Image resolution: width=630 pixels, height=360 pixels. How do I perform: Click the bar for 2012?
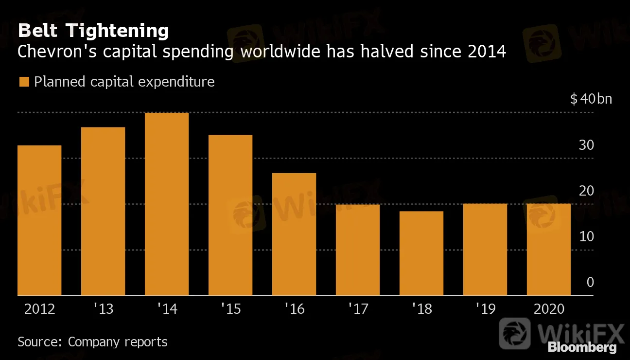[x=39, y=220]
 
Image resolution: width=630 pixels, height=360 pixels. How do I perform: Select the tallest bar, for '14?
[x=167, y=204]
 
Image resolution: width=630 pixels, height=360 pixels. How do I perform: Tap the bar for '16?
[x=294, y=234]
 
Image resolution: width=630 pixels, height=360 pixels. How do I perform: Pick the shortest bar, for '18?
[x=421, y=253]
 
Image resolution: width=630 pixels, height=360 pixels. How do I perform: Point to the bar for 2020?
[x=549, y=250]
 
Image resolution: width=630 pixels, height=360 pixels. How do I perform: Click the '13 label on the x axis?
[x=103, y=309]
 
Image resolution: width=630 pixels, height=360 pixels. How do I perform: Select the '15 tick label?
[x=230, y=309]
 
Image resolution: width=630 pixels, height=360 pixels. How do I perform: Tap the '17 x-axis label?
[x=358, y=309]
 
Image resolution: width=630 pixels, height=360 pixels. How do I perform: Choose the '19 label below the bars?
[x=485, y=309]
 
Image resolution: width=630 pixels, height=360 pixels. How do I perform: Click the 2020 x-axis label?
[x=549, y=309]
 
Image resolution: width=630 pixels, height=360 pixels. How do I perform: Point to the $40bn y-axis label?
[x=591, y=99]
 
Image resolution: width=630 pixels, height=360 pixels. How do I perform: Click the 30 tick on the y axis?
[x=587, y=145]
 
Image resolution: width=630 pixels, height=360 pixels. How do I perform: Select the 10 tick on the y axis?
[x=587, y=236]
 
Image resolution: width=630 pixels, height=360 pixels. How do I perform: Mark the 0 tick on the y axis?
[x=590, y=282]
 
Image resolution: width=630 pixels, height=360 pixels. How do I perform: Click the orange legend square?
[x=24, y=82]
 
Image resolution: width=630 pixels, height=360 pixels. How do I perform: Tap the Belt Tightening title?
[x=93, y=31]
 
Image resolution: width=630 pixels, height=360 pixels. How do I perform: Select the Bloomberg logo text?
[x=582, y=347]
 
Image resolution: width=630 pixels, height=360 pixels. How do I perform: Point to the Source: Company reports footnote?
[x=92, y=342]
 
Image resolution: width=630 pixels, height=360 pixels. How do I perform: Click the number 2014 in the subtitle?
[x=487, y=52]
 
